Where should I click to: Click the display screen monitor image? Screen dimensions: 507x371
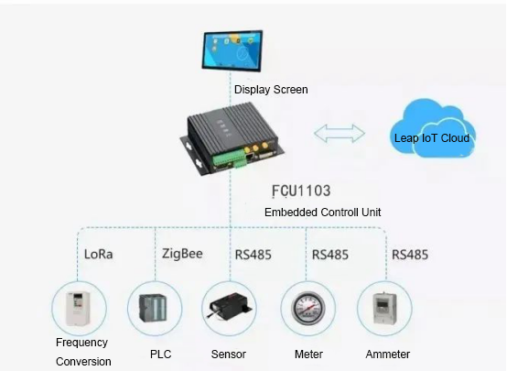click(x=232, y=50)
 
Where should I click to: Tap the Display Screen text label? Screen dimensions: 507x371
click(x=271, y=90)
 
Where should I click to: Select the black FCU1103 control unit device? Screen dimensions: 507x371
click(x=232, y=139)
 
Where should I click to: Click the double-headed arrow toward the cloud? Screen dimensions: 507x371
click(x=340, y=134)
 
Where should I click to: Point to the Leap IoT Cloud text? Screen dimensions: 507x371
click(x=432, y=138)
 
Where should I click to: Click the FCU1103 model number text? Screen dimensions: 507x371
click(x=301, y=191)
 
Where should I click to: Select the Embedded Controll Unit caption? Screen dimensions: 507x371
click(x=322, y=213)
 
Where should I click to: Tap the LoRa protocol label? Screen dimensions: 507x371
click(x=98, y=254)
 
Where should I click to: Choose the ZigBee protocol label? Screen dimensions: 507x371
click(x=182, y=254)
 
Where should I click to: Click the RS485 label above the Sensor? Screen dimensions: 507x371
click(x=253, y=255)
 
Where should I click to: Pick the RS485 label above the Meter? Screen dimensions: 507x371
click(x=330, y=255)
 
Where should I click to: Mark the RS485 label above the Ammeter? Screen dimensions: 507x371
click(x=410, y=255)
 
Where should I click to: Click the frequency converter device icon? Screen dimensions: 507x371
click(x=78, y=308)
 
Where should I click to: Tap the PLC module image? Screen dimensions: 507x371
click(x=153, y=308)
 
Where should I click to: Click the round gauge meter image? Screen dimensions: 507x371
click(x=307, y=308)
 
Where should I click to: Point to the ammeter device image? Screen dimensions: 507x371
click(x=384, y=308)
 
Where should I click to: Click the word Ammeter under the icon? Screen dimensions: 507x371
click(x=388, y=355)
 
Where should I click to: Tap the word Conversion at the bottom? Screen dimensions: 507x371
click(x=83, y=361)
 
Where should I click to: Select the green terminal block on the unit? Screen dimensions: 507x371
click(x=230, y=158)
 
